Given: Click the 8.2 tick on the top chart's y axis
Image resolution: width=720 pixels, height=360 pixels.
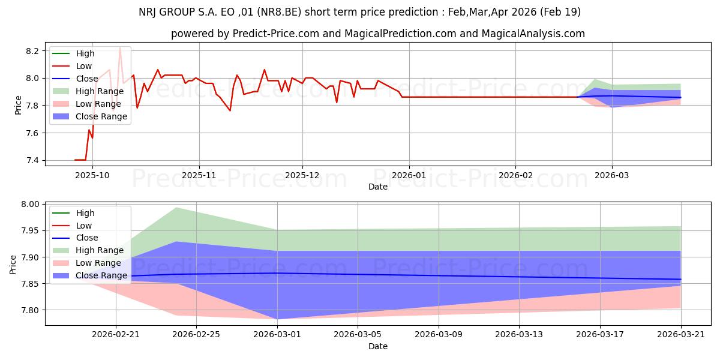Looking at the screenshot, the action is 32,51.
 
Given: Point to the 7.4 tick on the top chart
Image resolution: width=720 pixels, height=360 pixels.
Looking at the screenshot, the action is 32,160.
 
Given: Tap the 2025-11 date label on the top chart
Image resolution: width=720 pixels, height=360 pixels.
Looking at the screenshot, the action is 199,175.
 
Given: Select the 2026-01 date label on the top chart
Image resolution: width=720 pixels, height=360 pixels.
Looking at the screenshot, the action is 409,175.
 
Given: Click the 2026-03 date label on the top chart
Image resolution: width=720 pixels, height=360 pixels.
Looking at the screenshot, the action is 612,175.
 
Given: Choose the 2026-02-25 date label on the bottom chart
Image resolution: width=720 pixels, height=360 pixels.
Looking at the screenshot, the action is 196,335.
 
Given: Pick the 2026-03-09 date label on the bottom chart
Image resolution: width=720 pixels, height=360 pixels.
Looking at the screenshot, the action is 439,335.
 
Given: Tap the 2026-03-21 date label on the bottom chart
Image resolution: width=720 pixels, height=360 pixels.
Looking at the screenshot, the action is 681,335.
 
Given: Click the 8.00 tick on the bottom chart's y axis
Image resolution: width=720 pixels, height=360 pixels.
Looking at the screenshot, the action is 30,204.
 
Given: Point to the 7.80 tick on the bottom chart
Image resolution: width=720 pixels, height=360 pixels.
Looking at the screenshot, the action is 30,310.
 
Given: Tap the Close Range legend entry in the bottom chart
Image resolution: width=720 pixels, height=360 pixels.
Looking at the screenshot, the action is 90,275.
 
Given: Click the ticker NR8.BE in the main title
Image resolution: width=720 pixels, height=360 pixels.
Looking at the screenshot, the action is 280,12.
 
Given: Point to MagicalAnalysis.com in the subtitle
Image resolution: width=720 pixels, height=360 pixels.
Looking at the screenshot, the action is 533,34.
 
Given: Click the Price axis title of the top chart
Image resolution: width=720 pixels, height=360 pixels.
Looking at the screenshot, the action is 18,105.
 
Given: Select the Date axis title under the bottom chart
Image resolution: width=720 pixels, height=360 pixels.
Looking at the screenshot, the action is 378,346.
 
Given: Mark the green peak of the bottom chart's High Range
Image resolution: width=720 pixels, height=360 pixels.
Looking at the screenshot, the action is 176,208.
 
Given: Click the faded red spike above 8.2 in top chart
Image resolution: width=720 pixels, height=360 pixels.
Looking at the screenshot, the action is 120,47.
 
